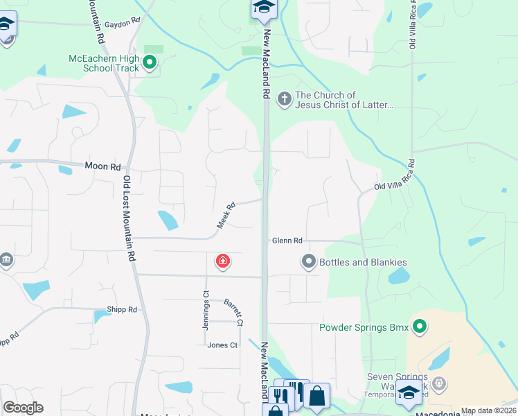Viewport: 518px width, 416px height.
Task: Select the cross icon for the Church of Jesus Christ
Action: (284, 99)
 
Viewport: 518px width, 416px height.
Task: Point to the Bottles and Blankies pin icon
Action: (308, 261)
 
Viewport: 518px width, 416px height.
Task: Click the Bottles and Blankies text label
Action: (362, 262)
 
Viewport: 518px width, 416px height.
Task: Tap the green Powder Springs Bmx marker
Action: (419, 326)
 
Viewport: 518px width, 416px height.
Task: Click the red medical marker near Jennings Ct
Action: (223, 261)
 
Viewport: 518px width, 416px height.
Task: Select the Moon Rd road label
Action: (102, 166)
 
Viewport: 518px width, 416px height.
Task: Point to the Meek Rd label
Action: (226, 215)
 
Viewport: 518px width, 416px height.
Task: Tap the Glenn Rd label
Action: (287, 241)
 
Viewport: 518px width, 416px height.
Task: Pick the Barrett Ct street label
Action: (234, 312)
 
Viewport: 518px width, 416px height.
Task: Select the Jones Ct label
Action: (222, 345)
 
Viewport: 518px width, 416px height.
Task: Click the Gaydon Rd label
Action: (125, 21)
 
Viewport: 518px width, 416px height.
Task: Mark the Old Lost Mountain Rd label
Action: (129, 218)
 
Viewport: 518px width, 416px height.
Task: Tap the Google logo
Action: (23, 408)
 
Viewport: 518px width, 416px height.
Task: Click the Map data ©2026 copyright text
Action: (488, 410)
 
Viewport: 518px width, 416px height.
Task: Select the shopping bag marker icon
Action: (316, 396)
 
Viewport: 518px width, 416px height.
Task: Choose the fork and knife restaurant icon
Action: (281, 395)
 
